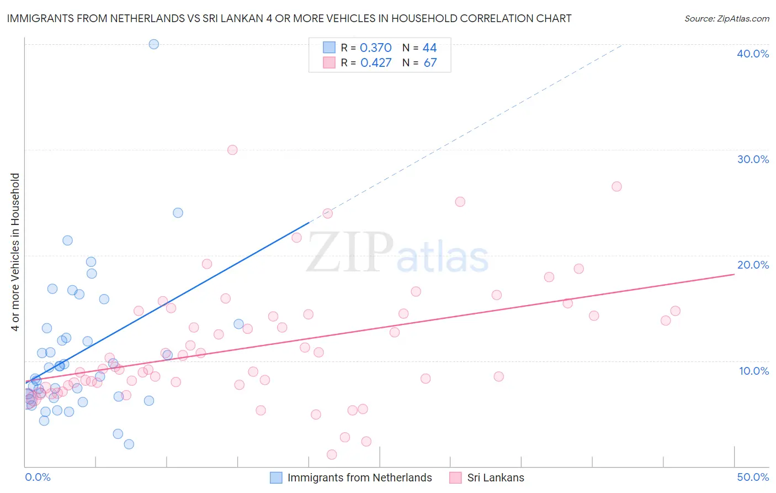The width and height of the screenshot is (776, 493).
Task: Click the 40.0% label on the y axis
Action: (753, 54)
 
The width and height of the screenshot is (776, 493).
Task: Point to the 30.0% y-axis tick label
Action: (753, 159)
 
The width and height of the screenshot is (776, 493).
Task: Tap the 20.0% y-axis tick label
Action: (753, 265)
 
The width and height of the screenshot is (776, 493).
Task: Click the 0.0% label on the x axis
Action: (38, 477)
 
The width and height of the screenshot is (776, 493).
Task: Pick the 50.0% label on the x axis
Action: (753, 477)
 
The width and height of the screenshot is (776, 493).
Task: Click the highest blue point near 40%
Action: (154, 44)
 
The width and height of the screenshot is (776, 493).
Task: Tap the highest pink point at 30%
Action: (232, 150)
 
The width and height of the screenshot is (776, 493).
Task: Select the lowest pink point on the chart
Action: (332, 454)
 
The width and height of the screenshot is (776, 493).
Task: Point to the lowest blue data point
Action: (129, 444)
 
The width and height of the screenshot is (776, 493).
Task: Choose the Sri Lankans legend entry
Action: (495, 478)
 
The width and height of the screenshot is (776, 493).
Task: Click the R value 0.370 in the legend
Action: (375, 48)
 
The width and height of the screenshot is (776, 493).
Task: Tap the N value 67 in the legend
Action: (430, 63)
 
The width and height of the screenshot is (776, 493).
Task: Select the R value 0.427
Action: (375, 63)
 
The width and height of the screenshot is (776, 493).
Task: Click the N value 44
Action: (429, 48)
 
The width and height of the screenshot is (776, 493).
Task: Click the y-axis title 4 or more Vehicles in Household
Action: (15, 252)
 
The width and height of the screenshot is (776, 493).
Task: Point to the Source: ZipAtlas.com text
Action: (726, 19)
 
